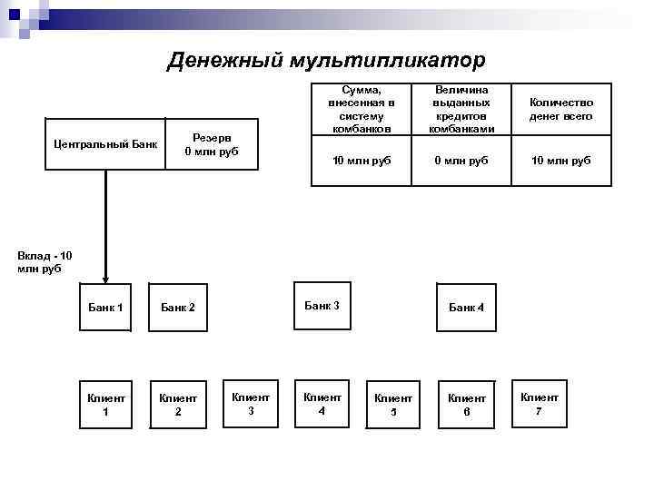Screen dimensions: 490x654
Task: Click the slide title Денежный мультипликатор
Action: pos(327,60)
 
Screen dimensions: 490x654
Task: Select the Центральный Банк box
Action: pos(105,144)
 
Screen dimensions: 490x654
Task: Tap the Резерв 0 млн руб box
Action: pos(212,144)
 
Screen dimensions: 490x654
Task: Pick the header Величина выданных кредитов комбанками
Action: pos(461,109)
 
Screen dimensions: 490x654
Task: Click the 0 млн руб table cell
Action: pos(461,161)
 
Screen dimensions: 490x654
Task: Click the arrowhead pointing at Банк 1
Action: pos(106,279)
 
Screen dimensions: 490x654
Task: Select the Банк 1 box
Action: pos(106,308)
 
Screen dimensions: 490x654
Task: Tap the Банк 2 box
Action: pos(178,308)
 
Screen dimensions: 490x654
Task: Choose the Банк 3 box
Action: pos(322,306)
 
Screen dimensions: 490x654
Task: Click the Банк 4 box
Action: pos(467,308)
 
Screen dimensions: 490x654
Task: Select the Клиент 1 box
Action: pos(106,404)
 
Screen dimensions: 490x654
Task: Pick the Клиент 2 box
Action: pos(178,404)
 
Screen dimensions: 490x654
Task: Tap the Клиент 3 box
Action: pos(251,403)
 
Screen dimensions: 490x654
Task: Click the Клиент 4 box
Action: pos(322,403)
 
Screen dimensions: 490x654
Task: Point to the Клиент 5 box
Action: pos(393,404)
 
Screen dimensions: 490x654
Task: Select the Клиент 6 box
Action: pos(467,404)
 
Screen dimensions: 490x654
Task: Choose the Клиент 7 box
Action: pos(540,403)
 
